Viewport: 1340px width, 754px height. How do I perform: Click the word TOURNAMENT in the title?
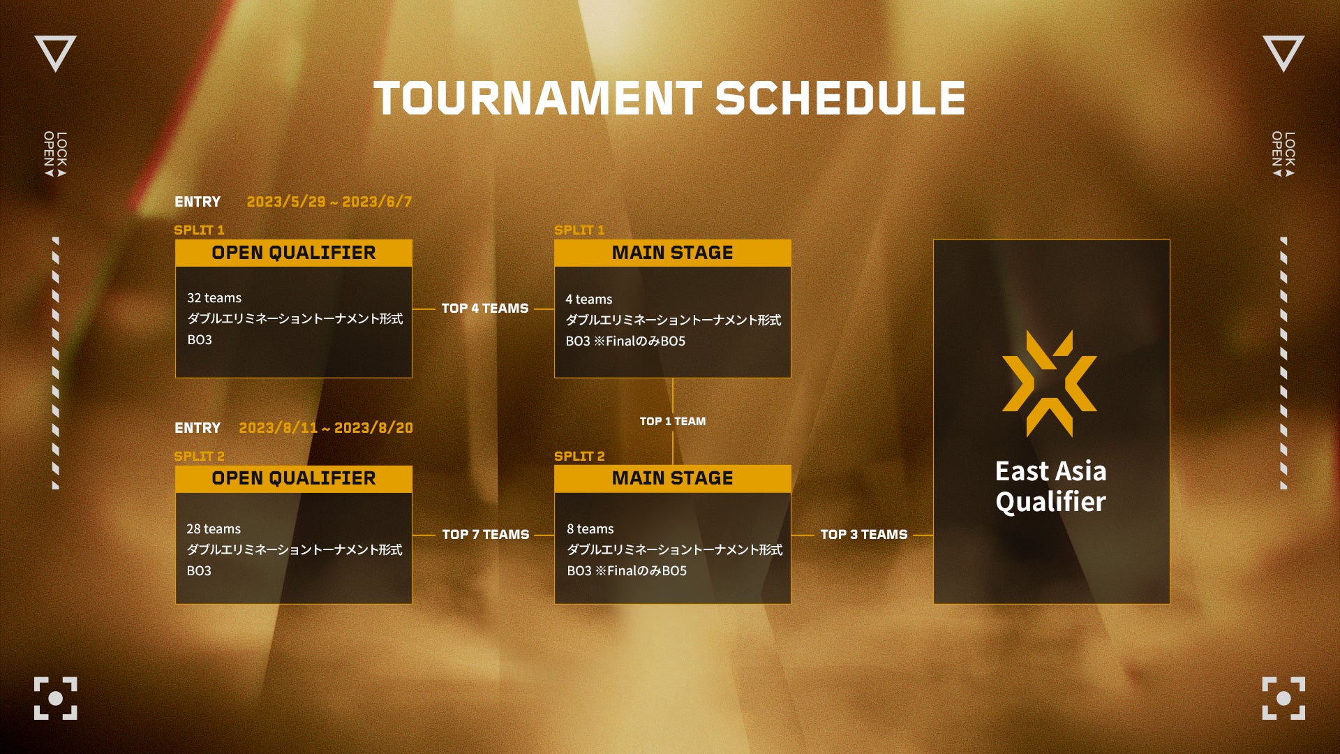coord(538,98)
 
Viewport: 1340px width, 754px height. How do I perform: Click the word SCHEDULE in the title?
coord(841,98)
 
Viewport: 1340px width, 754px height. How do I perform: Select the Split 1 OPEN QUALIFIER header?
coord(294,253)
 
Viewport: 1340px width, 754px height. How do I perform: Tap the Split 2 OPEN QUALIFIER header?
coord(294,478)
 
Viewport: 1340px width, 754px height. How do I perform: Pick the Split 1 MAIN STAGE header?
coord(673,253)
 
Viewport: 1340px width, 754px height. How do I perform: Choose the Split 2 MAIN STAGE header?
coord(673,478)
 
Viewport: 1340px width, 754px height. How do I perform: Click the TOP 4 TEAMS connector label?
coord(485,308)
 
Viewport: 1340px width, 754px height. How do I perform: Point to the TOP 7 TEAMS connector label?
coord(486,534)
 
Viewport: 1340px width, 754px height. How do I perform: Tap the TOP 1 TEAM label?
coord(673,421)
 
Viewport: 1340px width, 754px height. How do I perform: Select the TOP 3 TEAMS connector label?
coord(864,534)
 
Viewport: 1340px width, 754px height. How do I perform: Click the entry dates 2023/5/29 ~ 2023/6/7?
coord(329,202)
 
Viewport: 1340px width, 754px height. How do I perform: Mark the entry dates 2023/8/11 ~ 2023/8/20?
coord(326,427)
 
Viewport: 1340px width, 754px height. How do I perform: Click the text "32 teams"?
coord(214,298)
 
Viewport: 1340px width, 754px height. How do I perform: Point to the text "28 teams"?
coord(214,529)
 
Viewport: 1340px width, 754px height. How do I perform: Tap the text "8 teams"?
coord(590,529)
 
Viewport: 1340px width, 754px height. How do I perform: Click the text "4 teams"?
coord(589,300)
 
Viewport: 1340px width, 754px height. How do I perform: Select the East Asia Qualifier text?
coord(1051,487)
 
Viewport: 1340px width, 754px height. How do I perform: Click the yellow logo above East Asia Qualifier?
coord(1050,383)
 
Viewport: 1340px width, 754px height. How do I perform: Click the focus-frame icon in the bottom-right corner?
coord(1283,698)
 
